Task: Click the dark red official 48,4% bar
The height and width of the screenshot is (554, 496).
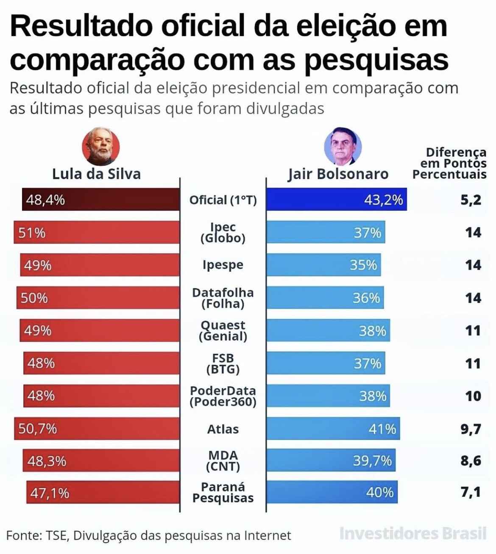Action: (101, 199)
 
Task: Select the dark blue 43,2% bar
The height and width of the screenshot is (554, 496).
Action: (337, 199)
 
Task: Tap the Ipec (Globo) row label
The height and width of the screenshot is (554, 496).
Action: (223, 233)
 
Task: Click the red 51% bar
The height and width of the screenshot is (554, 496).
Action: (97, 233)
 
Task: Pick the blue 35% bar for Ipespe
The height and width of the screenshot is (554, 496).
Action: (324, 265)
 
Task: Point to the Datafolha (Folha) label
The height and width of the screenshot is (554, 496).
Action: (223, 298)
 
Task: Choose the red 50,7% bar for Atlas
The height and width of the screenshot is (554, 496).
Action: (97, 429)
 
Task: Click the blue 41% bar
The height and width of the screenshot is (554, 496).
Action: (333, 429)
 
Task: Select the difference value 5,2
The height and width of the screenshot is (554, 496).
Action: (471, 199)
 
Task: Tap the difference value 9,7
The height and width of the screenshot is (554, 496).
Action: (471, 429)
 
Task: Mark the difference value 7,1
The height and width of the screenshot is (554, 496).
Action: (471, 492)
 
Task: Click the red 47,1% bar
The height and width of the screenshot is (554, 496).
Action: (103, 493)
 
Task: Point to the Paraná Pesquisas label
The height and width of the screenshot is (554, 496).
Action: (223, 493)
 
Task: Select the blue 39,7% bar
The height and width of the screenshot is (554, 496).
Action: (331, 460)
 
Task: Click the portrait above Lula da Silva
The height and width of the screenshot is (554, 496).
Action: (100, 147)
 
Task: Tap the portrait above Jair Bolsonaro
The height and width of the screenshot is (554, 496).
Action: (343, 147)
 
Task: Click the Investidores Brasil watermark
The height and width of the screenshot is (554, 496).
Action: (412, 533)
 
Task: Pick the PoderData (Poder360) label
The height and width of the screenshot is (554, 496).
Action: (223, 396)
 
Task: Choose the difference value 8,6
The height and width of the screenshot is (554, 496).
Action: (471, 460)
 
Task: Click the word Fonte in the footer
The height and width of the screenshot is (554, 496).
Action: (22, 535)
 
